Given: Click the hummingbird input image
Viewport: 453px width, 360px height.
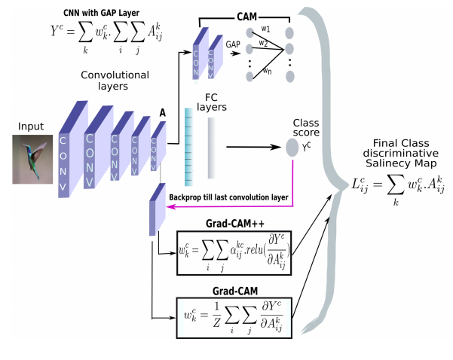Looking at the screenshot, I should click(x=32, y=159).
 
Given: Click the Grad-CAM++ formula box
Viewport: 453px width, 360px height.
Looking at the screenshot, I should click(x=234, y=249).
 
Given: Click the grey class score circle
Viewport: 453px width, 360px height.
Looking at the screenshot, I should click(x=292, y=148).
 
